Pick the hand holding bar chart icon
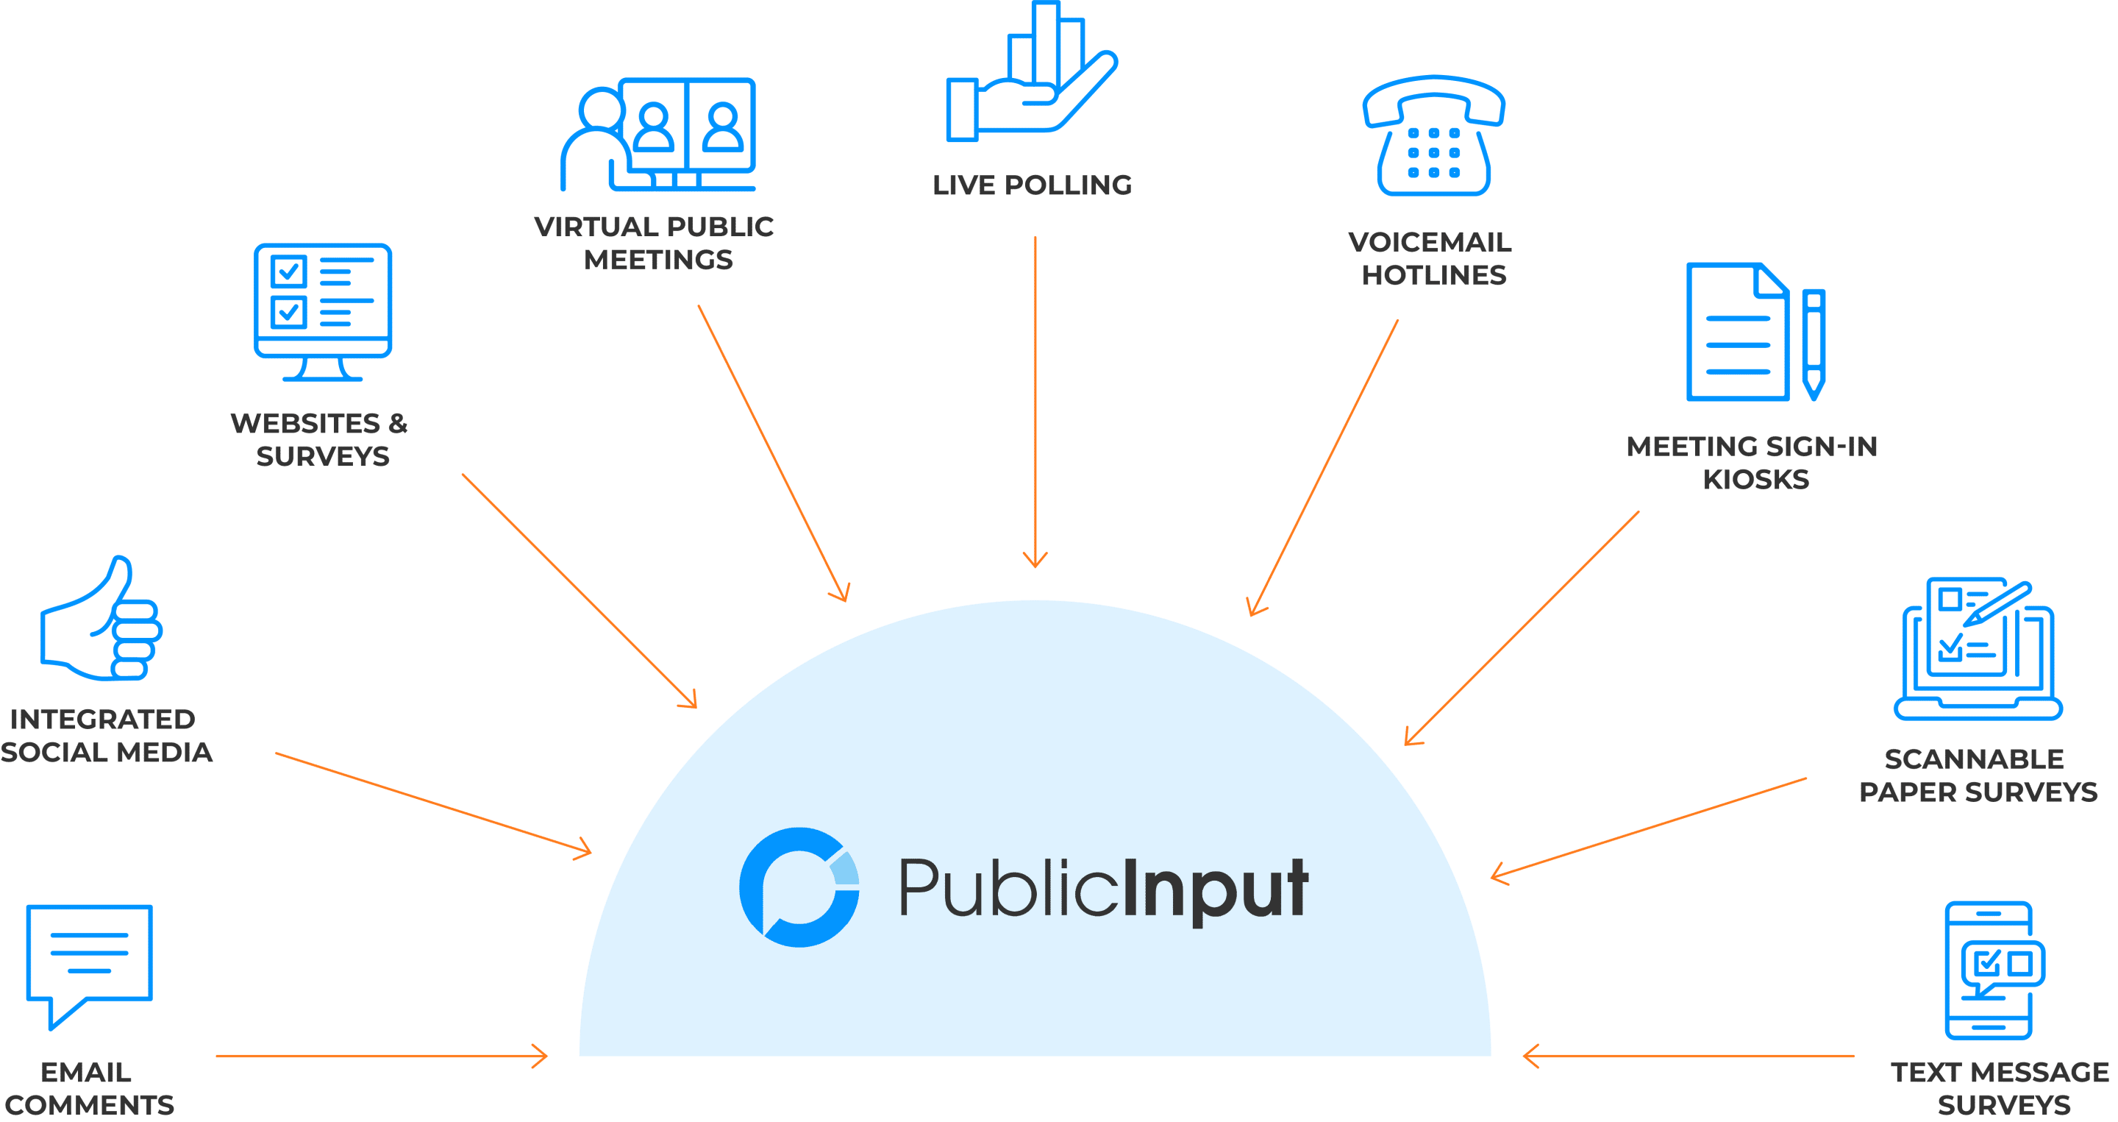(1031, 74)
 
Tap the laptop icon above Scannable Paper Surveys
(1978, 650)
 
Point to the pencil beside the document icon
(1813, 344)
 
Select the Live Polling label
(1032, 185)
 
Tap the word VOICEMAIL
(1430, 242)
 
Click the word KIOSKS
(1755, 479)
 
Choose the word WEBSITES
(305, 424)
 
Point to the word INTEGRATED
(102, 719)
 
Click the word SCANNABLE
(1973, 759)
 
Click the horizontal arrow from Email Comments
(382, 1057)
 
